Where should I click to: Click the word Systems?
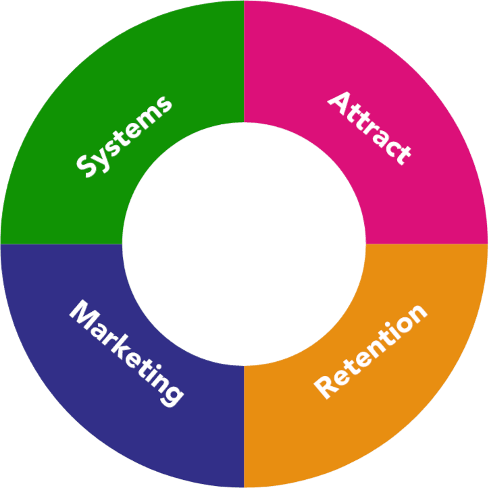pos(124,137)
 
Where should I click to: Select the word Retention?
pos(371,350)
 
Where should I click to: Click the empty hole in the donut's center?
pos(244,244)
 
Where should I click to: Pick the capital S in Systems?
pos(87,166)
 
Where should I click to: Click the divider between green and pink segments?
pos(244,61)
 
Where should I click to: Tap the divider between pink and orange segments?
pos(427,244)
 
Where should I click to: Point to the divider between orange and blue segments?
pos(244,427)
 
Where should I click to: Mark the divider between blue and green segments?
pos(61,244)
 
